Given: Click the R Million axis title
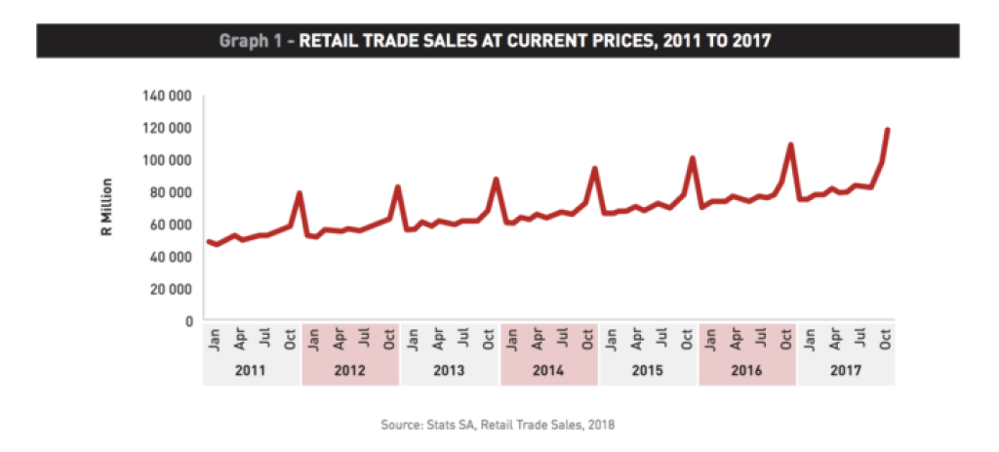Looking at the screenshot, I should (108, 207).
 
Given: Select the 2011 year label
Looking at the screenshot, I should (252, 372).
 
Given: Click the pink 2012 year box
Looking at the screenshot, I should (351, 372).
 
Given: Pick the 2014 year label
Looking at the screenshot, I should (549, 372).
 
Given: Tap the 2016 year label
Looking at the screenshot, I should (747, 372).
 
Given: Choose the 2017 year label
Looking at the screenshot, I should (846, 372).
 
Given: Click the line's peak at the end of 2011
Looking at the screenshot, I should (299, 193).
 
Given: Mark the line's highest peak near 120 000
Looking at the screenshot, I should (888, 130).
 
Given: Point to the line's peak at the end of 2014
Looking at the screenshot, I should (594, 169).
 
